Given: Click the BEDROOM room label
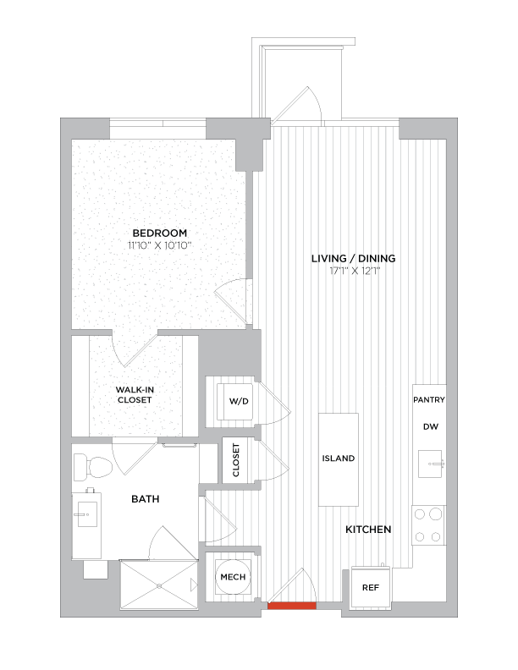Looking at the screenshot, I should point(159,233).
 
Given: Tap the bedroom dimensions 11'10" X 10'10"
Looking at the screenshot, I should point(159,245).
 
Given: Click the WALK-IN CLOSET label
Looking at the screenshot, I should point(135,394).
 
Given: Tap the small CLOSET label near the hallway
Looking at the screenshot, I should point(235,460).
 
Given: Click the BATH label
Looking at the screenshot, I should point(145,499).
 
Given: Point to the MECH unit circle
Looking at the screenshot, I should point(232,577).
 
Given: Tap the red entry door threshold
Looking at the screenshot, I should point(291,605).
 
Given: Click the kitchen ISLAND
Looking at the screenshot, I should point(338,459).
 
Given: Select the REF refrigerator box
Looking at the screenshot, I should point(370,586).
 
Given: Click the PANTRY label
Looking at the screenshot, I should point(429,399).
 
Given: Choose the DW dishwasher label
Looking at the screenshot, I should point(430,427).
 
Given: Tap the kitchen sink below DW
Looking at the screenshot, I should point(431,463).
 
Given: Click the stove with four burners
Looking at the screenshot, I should point(428,524).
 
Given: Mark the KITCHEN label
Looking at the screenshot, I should point(368,530).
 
